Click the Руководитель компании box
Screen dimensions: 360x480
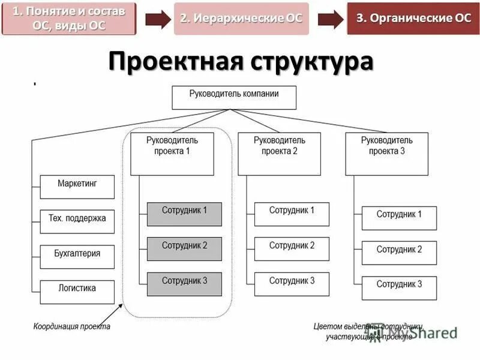click(x=234, y=98)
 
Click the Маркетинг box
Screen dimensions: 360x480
click(x=77, y=187)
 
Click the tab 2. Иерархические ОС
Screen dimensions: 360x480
click(x=241, y=19)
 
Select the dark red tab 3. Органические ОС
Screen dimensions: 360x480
click(x=413, y=19)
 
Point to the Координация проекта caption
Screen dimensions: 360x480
click(x=71, y=327)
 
